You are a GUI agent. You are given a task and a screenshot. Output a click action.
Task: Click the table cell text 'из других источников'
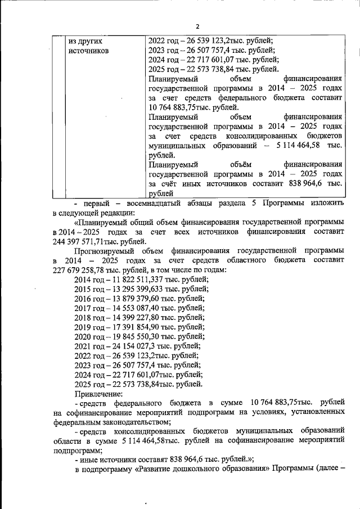click(87, 46)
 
